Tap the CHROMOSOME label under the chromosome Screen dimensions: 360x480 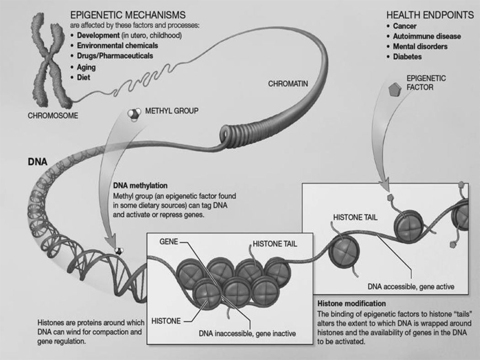[x=53, y=116]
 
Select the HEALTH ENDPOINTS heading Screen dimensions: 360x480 [x=430, y=15]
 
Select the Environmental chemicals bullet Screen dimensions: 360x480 [x=117, y=46]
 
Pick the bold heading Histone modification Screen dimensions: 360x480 [x=351, y=303]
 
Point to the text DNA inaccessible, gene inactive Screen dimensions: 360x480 [x=247, y=334]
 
